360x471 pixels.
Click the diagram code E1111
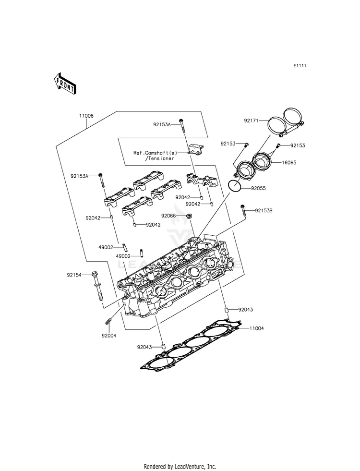(300, 66)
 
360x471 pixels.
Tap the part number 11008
(86, 116)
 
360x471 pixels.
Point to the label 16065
(289, 162)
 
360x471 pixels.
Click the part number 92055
(259, 188)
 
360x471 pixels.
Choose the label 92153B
(264, 211)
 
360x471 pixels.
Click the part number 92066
(168, 216)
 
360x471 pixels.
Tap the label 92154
(74, 275)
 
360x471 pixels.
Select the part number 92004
(109, 336)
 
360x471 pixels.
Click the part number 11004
(257, 328)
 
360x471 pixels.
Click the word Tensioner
(160, 158)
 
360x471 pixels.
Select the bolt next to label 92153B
(242, 210)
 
